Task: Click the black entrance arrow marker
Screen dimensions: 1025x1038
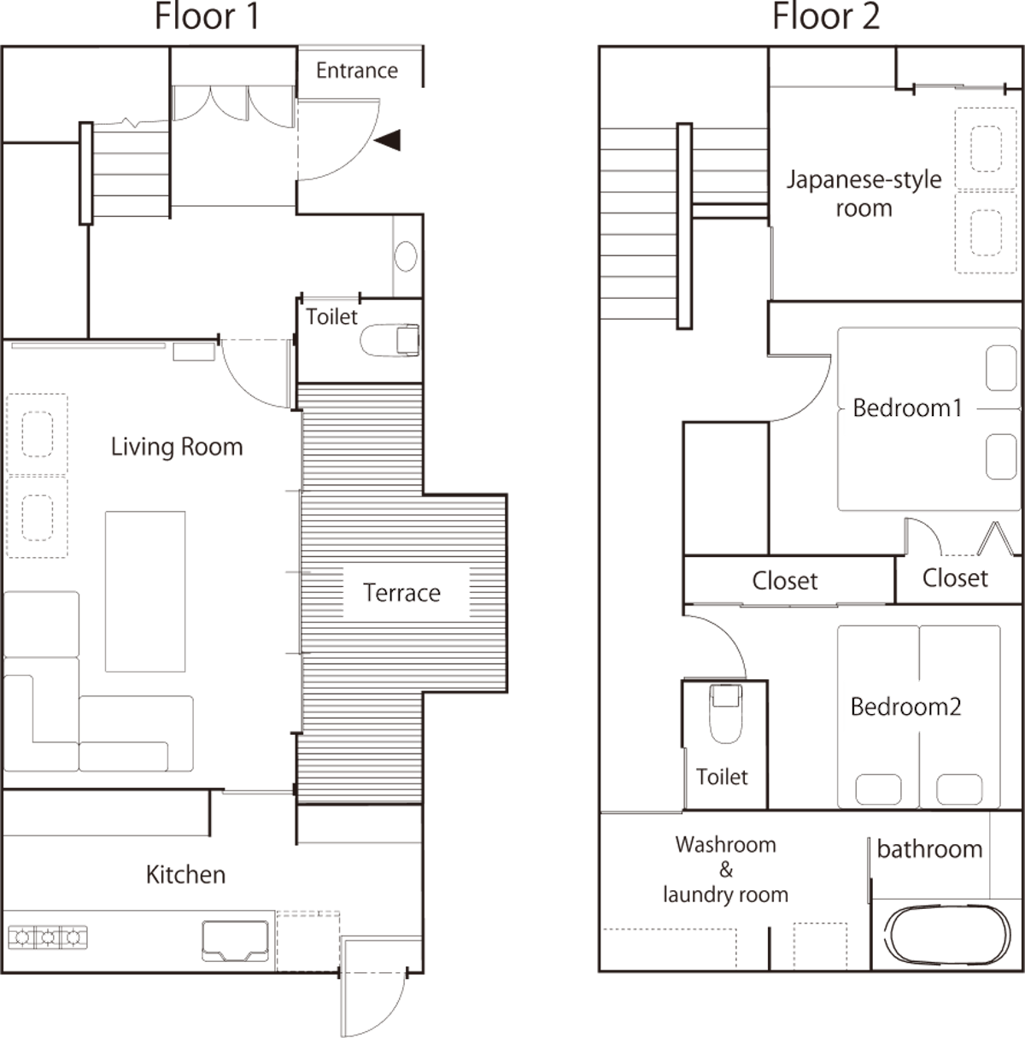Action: pyautogui.click(x=388, y=140)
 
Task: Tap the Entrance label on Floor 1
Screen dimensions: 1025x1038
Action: pyautogui.click(x=356, y=71)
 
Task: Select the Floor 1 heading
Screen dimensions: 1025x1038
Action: pyautogui.click(x=208, y=17)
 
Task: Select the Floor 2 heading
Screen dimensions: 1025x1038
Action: pyautogui.click(x=826, y=17)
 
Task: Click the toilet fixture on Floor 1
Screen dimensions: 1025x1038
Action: pyautogui.click(x=389, y=340)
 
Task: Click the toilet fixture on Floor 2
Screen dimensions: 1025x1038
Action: pyautogui.click(x=725, y=713)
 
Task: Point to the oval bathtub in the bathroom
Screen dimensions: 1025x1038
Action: pyautogui.click(x=947, y=935)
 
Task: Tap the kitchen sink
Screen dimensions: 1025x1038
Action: pyautogui.click(x=235, y=941)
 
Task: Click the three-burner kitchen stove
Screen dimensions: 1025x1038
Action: pyautogui.click(x=48, y=938)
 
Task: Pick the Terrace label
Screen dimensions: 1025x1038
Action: pyautogui.click(x=401, y=593)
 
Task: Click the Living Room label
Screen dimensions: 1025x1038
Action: pyautogui.click(x=177, y=447)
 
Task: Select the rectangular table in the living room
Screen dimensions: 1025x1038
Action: pyautogui.click(x=145, y=591)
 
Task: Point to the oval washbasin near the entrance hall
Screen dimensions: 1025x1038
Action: pyautogui.click(x=405, y=256)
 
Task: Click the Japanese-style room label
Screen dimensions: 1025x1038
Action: pyautogui.click(x=864, y=194)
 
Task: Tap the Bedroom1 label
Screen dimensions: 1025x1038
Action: pyautogui.click(x=907, y=408)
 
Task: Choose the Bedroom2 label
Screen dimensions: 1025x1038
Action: pyautogui.click(x=906, y=707)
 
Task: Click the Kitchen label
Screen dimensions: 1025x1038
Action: pyautogui.click(x=185, y=874)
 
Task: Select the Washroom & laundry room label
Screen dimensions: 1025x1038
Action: pyautogui.click(x=725, y=870)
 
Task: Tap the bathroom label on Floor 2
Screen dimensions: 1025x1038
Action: pyautogui.click(x=929, y=849)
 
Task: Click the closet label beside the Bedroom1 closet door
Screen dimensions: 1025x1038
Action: pyautogui.click(x=955, y=578)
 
